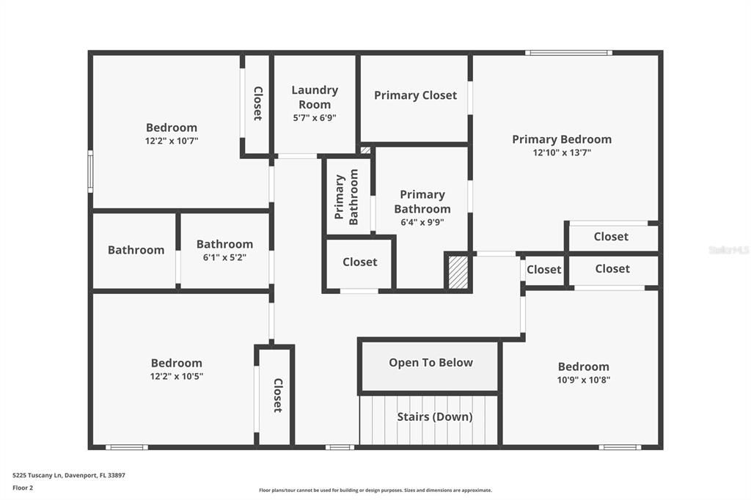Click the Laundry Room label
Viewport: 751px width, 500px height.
(x=315, y=97)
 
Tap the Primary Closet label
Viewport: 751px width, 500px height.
(x=415, y=95)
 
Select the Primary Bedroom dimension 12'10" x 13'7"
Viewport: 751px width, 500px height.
(x=562, y=152)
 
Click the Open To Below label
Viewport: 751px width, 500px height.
(x=431, y=363)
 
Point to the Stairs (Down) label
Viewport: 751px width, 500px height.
(x=435, y=417)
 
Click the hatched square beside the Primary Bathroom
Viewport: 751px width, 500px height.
(x=458, y=271)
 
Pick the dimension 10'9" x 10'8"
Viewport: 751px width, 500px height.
(x=584, y=380)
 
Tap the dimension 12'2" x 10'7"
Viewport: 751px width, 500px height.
(x=172, y=141)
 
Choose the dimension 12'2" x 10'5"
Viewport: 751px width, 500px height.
(x=176, y=376)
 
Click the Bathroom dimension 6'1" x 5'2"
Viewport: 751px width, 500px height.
(x=224, y=257)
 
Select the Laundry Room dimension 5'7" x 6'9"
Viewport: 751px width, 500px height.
(x=315, y=117)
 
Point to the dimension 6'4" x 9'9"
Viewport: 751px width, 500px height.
(x=422, y=222)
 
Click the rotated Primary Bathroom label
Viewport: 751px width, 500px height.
(x=347, y=196)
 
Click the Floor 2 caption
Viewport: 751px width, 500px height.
(x=23, y=487)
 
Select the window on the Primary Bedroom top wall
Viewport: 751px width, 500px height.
(x=568, y=53)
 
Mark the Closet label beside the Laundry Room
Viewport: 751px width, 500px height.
(x=257, y=104)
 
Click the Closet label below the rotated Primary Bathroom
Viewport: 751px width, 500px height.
(x=360, y=262)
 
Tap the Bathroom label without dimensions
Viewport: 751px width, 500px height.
(x=136, y=250)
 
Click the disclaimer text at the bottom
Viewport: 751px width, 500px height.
(x=375, y=490)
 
